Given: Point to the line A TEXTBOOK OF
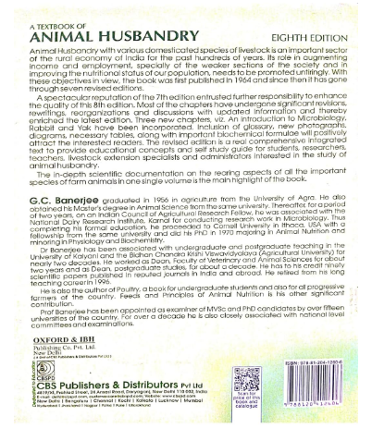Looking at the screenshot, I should point(65,11).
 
